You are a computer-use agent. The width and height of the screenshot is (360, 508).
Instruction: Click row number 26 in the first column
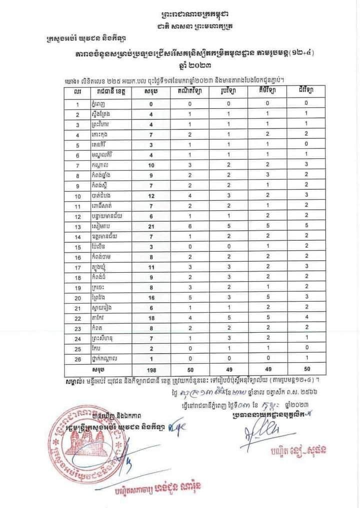[x=77, y=358]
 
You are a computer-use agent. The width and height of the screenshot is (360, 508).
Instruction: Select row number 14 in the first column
[x=77, y=235]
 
